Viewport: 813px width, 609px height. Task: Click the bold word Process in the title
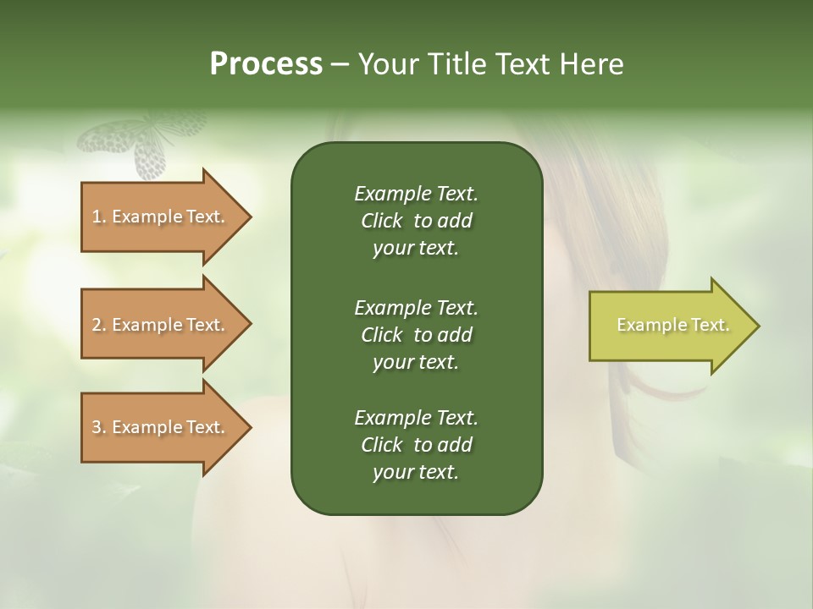click(x=266, y=64)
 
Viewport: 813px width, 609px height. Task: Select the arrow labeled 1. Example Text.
click(x=161, y=217)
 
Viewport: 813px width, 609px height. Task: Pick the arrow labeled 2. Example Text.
click(x=161, y=325)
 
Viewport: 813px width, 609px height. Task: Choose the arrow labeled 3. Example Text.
click(x=161, y=427)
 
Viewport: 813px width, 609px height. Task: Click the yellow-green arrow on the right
click(x=669, y=325)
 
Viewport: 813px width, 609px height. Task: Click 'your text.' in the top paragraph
click(x=416, y=249)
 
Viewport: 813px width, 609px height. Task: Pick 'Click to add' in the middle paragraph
click(x=416, y=335)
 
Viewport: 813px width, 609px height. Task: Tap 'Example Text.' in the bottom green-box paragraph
click(x=416, y=418)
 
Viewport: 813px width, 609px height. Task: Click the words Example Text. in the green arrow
click(x=672, y=325)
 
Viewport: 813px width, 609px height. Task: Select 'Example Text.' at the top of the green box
click(x=416, y=194)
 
